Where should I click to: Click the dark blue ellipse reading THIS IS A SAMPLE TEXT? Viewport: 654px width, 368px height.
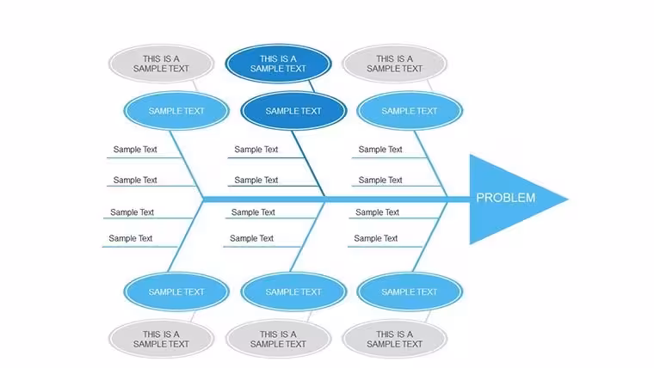278,64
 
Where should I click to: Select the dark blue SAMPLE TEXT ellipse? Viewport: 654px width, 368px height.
293,111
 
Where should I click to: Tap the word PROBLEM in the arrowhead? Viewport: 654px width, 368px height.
505,198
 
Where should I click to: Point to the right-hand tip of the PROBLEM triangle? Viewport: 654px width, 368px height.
569,199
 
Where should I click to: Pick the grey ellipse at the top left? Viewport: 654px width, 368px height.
161,64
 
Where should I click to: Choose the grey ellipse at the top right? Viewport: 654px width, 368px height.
395,64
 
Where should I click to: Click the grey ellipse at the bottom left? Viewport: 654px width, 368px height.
161,339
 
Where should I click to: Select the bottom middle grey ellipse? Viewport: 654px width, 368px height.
278,339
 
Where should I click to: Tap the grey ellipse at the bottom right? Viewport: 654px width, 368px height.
395,339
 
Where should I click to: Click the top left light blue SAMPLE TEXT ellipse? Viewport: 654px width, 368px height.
176,111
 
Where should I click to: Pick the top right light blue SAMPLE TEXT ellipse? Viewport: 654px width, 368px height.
410,111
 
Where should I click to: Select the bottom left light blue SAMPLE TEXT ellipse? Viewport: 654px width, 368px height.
176,291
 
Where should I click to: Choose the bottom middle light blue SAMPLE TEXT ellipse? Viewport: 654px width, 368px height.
293,291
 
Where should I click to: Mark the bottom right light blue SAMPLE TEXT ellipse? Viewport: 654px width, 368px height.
410,291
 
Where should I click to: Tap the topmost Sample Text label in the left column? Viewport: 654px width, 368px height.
135,150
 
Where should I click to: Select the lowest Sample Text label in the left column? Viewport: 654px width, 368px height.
131,238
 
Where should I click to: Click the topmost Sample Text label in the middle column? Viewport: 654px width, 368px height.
256,150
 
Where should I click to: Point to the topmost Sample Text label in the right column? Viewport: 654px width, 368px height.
380,150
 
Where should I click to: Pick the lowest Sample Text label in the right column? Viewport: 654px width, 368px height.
376,238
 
